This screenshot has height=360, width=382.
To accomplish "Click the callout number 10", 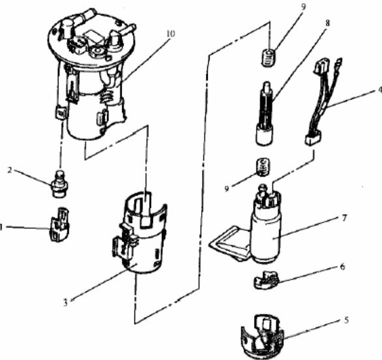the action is point(171,33).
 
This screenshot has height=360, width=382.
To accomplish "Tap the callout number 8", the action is point(328,23).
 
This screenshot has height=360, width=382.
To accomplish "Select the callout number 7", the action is point(344,218).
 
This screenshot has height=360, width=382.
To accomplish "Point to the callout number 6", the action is point(342,267).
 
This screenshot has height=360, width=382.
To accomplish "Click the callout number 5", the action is point(346,320).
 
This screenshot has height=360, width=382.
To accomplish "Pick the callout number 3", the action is point(65,303).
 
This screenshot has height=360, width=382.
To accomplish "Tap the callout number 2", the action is point(10,170).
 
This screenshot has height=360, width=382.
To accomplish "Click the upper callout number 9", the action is point(303,7).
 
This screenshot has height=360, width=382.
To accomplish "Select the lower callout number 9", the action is point(227,188).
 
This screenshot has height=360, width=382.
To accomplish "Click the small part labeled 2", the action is point(60,184).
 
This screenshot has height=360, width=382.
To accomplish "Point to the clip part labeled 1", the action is point(59,224).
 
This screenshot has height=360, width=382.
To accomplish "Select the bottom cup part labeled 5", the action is point(263,337).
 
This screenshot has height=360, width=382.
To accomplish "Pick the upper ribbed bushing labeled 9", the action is point(269,57).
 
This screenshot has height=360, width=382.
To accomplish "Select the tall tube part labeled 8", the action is point(264,113).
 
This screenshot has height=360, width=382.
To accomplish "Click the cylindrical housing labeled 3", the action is point(140,233).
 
